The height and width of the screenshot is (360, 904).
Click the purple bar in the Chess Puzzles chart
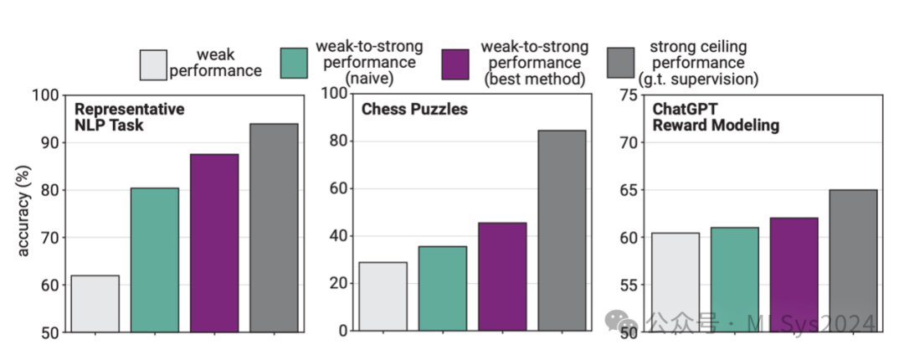point(502,276)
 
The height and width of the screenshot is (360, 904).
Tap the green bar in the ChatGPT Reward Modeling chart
point(733,280)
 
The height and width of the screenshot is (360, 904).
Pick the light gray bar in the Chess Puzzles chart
point(383,296)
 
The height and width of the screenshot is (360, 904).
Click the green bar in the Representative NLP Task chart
point(155,260)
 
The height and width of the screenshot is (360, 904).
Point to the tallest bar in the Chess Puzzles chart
point(562,230)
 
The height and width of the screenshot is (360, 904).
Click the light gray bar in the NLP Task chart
point(95,304)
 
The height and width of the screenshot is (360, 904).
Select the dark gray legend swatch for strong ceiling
point(621,64)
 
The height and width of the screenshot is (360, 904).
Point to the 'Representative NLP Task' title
point(129,117)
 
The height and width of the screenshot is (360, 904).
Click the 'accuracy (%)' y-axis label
point(24,214)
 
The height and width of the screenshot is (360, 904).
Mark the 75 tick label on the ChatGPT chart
point(627,95)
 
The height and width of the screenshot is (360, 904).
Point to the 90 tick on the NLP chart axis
point(49,142)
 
